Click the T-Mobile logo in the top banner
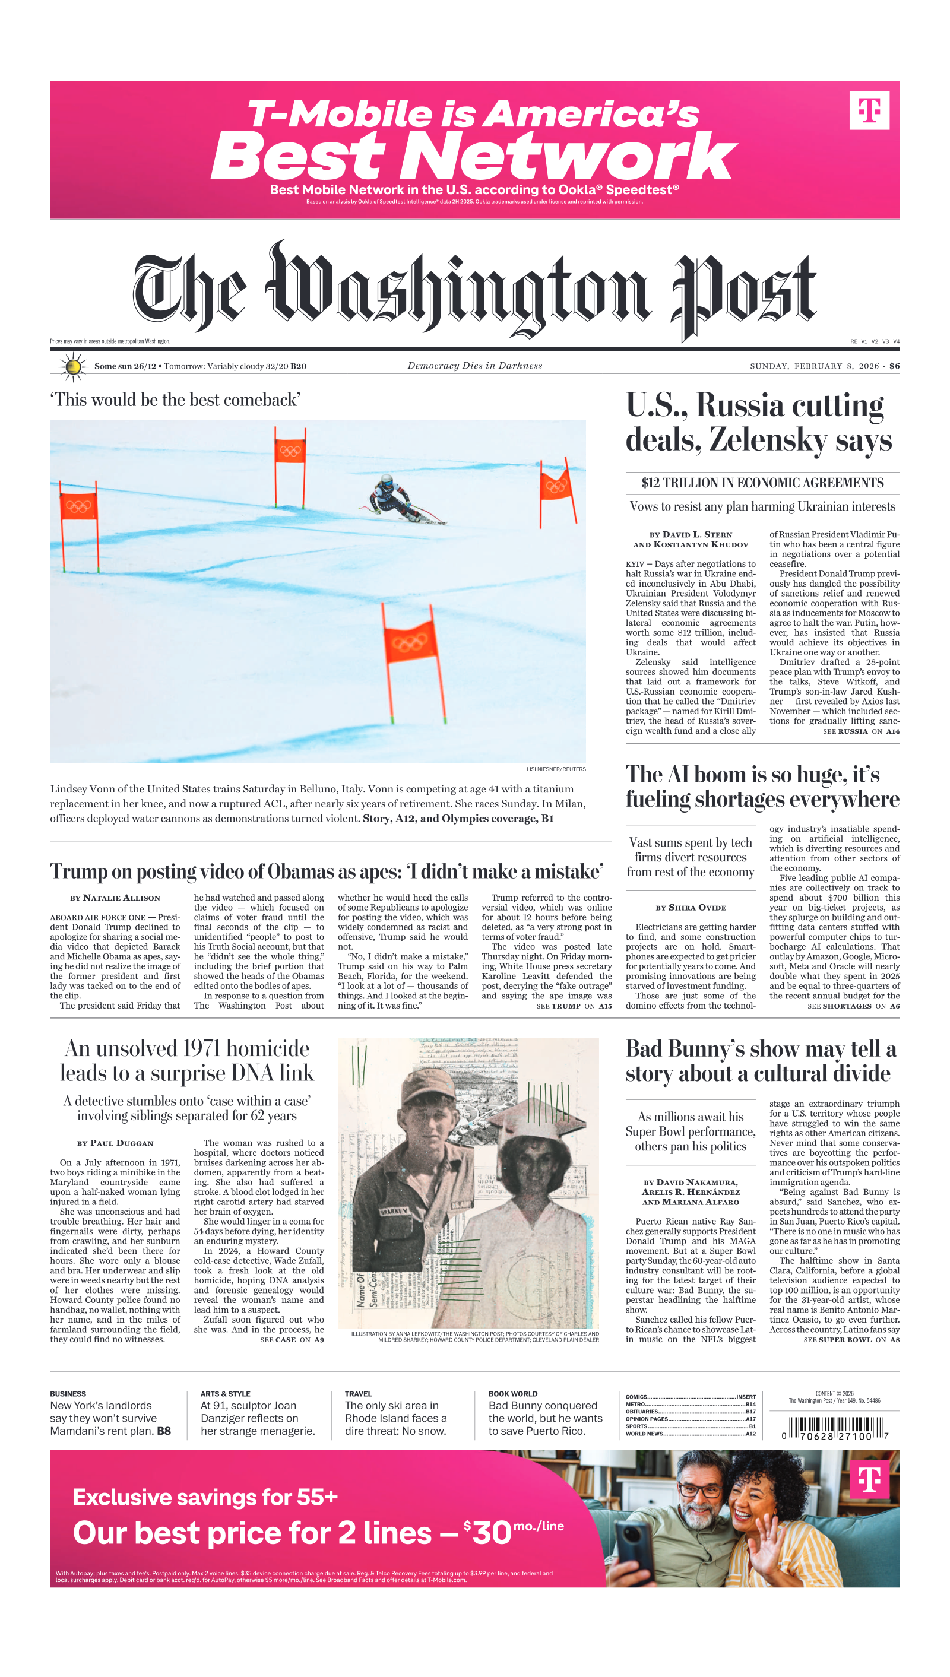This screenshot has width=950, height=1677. pyautogui.click(x=869, y=110)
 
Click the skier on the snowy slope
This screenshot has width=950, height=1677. pyautogui.click(x=398, y=500)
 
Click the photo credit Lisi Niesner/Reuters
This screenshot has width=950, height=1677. pyautogui.click(x=556, y=769)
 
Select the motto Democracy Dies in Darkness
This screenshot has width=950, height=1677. pyautogui.click(x=474, y=366)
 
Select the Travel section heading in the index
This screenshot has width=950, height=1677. pyautogui.click(x=358, y=1394)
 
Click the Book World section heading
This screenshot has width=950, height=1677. pyautogui.click(x=513, y=1394)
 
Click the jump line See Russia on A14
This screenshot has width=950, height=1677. pyautogui.click(x=860, y=731)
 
